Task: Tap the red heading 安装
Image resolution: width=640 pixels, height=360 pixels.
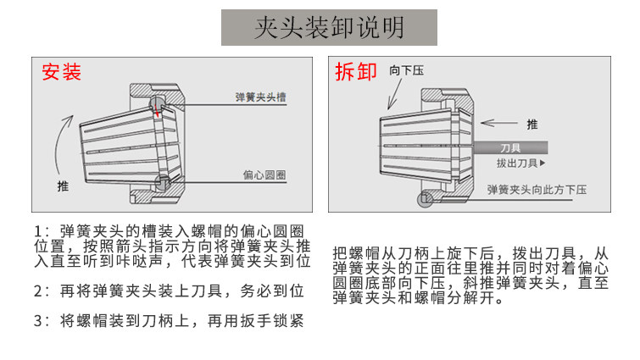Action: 62,72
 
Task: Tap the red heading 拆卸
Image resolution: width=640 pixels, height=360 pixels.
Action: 356,72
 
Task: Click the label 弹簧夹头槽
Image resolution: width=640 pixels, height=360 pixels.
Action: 260,97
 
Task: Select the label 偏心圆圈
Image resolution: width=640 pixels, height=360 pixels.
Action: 264,175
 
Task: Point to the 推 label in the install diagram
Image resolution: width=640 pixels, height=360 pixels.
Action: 63,186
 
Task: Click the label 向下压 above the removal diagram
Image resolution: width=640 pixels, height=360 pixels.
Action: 407,70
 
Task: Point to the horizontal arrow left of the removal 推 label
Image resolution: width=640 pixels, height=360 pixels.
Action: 504,124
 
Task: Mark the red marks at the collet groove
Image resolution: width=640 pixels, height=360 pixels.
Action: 158,108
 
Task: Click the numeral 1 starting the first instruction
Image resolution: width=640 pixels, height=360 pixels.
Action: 37,230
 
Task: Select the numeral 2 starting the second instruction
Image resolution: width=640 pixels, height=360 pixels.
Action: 38,291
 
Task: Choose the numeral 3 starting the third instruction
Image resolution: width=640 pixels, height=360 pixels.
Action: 38,321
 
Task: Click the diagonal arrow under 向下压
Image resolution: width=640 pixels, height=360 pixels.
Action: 398,95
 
